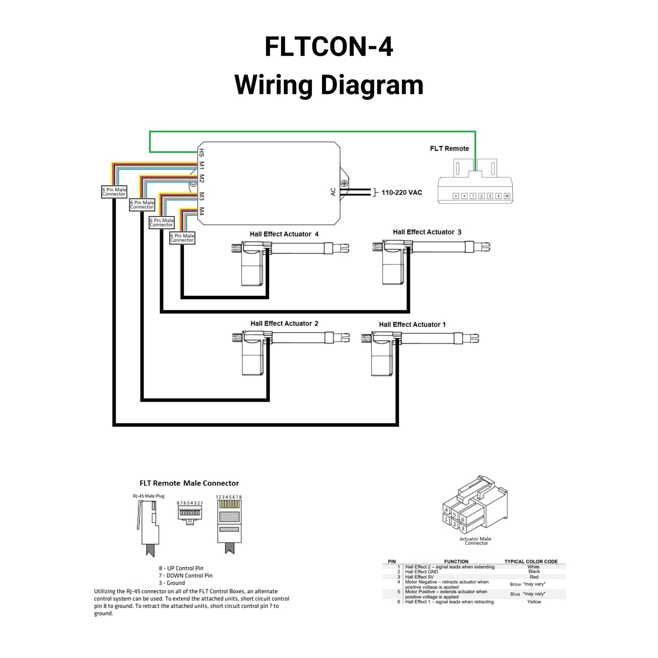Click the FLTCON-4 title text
click(328, 47)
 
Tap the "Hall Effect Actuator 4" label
click(284, 234)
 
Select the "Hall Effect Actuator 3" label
click(427, 232)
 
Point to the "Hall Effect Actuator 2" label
click(284, 324)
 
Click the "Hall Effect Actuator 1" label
click(412, 325)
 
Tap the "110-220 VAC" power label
click(402, 193)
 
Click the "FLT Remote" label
click(449, 148)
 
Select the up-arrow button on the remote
click(455, 196)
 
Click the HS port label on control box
click(202, 153)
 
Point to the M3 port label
click(202, 196)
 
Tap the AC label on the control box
click(333, 192)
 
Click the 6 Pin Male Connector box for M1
click(114, 192)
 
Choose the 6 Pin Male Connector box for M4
click(182, 238)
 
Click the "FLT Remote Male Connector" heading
click(189, 483)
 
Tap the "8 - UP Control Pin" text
click(181, 568)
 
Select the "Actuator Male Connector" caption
click(475, 541)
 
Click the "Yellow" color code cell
click(534, 602)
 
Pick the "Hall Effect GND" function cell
click(422, 572)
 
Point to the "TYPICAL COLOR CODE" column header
click(531, 561)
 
